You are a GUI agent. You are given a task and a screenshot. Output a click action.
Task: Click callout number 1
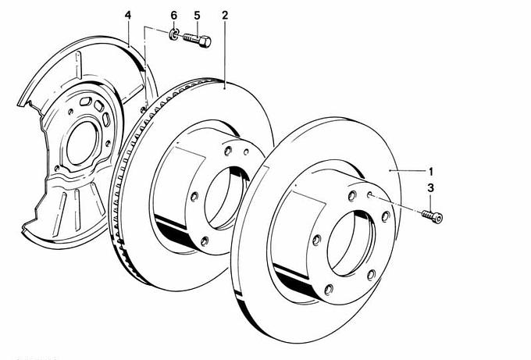pyautogui.click(x=429, y=170)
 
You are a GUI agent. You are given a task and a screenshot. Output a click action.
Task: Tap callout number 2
pyautogui.click(x=225, y=16)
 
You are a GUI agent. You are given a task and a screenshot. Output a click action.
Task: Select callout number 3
pyautogui.click(x=429, y=187)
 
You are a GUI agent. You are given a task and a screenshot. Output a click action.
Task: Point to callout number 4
pyautogui.click(x=128, y=16)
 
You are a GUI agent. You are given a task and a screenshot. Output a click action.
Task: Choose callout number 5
pyautogui.click(x=197, y=16)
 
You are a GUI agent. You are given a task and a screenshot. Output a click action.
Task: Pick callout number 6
pyautogui.click(x=174, y=16)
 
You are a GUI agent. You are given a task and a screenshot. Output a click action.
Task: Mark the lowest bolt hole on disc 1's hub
pyautogui.click(x=372, y=273)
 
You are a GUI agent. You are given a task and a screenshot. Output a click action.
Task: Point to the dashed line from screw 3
pyautogui.click(x=398, y=205)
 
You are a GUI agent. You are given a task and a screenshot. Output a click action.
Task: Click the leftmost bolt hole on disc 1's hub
pyautogui.click(x=317, y=239)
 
